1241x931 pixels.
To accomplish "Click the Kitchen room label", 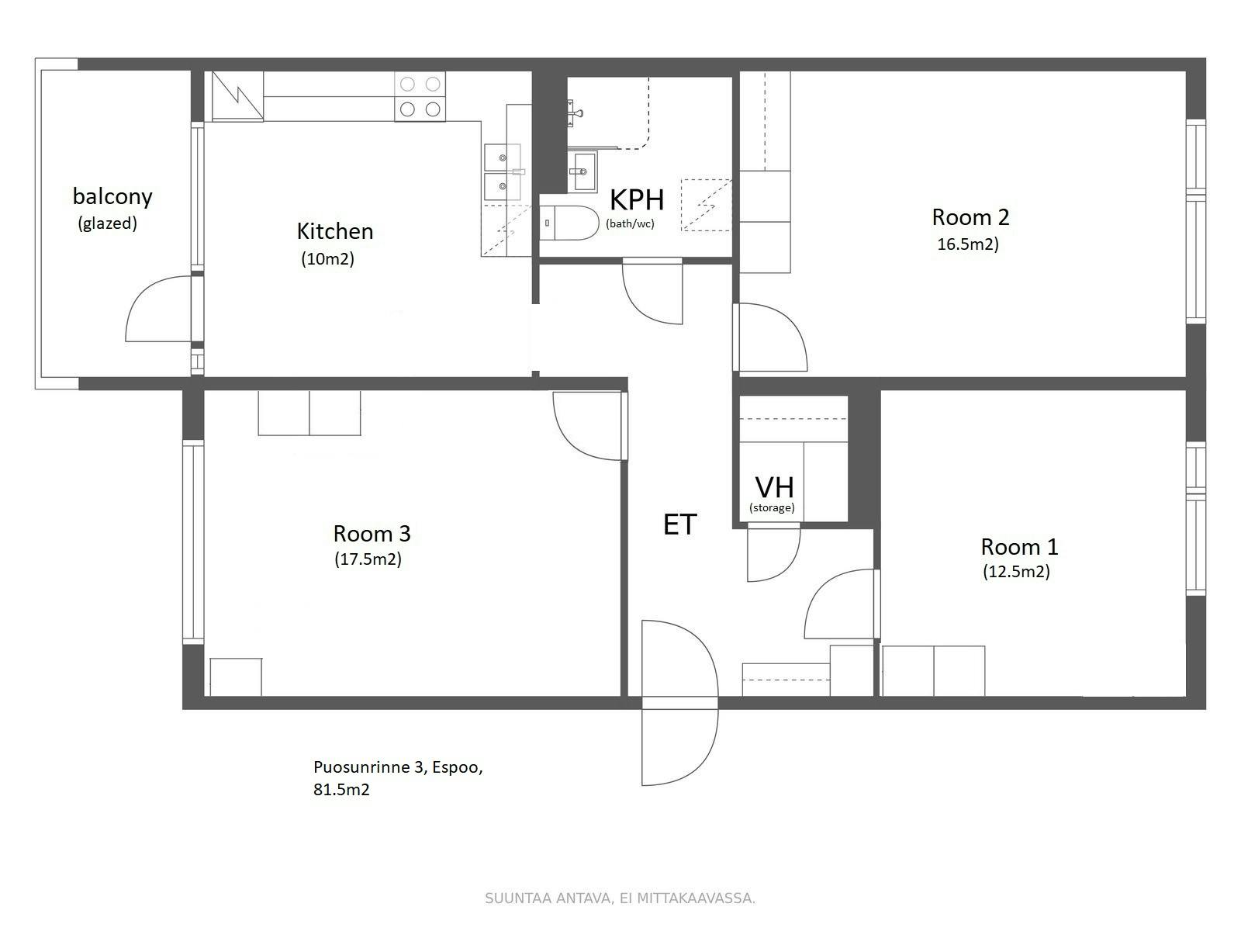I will click(334, 231).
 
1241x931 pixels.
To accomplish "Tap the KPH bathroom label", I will click(637, 200).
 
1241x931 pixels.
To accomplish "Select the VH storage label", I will click(774, 488).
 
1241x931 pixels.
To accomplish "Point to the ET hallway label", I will click(679, 525).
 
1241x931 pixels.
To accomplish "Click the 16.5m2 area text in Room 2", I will click(967, 244).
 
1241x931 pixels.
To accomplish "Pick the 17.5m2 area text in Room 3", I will click(368, 559).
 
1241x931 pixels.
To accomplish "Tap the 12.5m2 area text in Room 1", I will click(1016, 573).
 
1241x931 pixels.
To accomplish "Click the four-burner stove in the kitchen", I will click(420, 96).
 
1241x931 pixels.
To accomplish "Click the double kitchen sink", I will click(502, 171).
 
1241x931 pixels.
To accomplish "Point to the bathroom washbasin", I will click(582, 171).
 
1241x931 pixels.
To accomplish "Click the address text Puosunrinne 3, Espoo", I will click(398, 768).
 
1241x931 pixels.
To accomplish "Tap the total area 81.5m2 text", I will click(341, 791).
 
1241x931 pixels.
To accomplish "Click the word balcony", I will click(112, 196).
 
